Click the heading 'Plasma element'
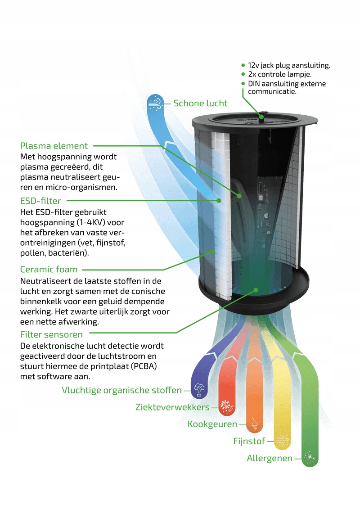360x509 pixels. [54, 146]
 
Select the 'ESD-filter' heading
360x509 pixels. [40, 201]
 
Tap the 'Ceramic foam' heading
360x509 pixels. [49, 270]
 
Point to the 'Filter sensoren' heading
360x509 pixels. [51, 334]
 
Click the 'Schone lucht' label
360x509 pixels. [200, 104]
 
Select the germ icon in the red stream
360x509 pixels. [226, 407]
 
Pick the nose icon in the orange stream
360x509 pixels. [254, 424]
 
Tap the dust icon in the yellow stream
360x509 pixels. [282, 441]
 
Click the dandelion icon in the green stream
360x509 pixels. [310, 458]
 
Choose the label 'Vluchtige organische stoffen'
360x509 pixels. [121, 390]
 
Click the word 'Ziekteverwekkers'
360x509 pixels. [172, 407]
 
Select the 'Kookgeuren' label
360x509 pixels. [212, 424]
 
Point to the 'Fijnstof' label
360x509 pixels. [249, 441]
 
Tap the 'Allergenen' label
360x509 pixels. [269, 459]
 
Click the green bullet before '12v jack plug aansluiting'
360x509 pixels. [243, 65]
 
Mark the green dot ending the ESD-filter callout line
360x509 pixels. [219, 200]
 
